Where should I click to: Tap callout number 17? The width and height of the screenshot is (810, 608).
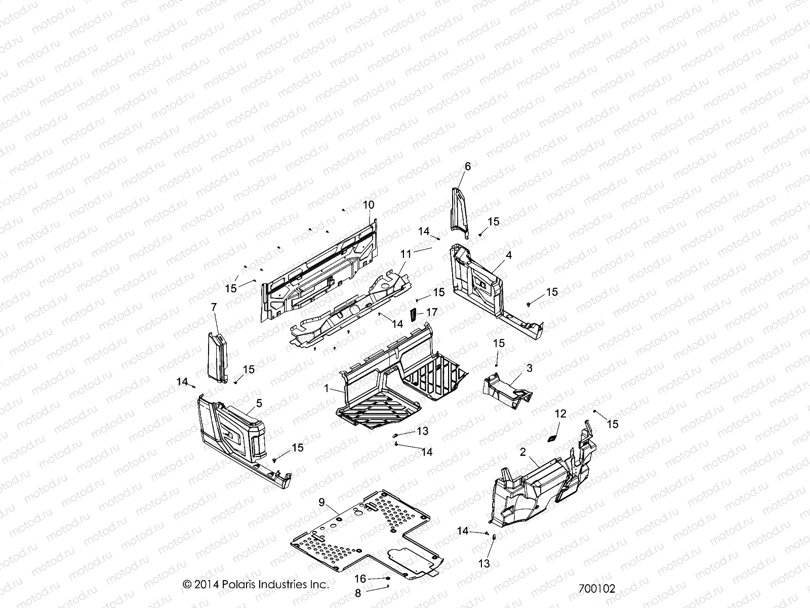click(x=432, y=313)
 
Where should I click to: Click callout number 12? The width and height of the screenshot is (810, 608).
click(x=560, y=414)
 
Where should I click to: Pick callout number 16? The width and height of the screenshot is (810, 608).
click(x=360, y=579)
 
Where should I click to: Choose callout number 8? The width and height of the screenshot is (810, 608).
click(x=357, y=593)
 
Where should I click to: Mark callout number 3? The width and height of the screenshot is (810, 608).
click(x=530, y=368)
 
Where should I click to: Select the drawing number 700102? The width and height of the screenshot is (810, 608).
click(x=597, y=589)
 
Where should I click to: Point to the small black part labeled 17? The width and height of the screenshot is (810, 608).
click(x=413, y=314)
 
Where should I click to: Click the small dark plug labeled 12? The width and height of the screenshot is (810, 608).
click(x=553, y=437)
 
